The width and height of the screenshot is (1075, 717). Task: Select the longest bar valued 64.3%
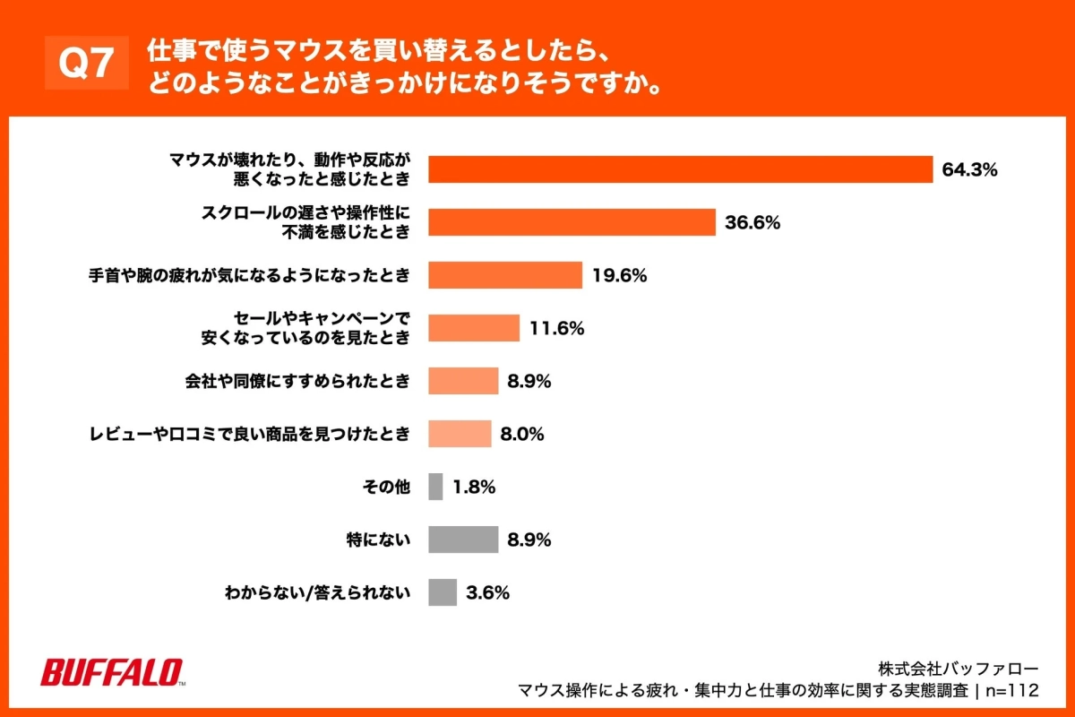click(681, 169)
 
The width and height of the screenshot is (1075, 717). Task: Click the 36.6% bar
click(572, 222)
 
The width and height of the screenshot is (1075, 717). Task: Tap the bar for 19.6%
click(505, 275)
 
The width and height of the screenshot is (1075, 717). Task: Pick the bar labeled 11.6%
click(474, 328)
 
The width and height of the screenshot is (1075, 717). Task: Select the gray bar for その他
click(435, 487)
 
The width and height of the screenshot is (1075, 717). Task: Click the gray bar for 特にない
click(463, 540)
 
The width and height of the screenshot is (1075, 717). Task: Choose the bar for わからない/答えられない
click(443, 592)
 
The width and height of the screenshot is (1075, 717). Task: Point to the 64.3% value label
click(969, 169)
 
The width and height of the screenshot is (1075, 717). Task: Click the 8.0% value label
click(522, 434)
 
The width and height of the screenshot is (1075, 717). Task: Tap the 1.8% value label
click(474, 487)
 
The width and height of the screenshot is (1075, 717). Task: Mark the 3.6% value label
click(487, 592)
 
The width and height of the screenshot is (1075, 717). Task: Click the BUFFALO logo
click(113, 672)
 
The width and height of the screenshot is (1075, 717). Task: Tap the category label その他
click(386, 487)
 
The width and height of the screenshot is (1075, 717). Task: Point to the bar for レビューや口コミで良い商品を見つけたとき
click(460, 434)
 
